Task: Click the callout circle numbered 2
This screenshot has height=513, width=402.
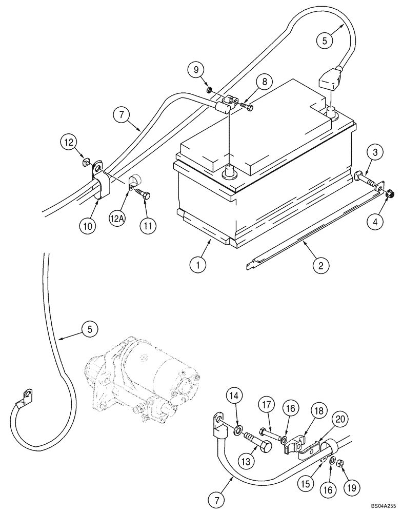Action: click(x=319, y=266)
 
